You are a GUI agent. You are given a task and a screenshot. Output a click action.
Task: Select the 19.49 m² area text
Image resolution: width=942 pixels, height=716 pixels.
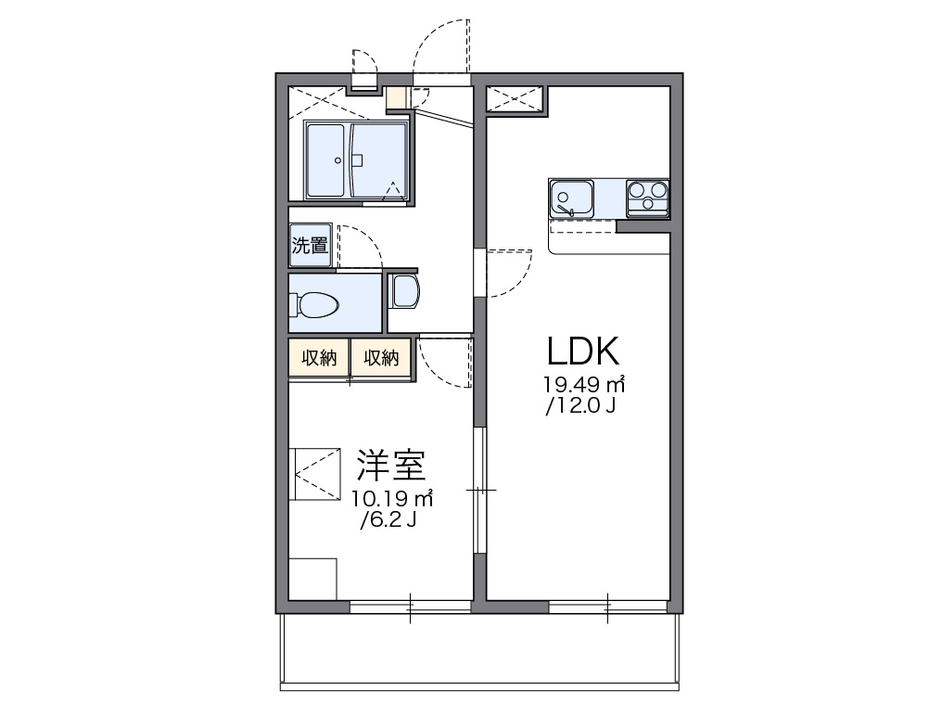pos(583,384)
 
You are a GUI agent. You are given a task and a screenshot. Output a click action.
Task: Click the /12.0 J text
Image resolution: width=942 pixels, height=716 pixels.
pos(581,405)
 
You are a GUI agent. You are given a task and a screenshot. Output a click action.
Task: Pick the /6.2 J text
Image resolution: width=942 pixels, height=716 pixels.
pos(388,519)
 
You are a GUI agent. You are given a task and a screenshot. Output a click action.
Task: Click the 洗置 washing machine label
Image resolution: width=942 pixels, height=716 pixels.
pos(310,246)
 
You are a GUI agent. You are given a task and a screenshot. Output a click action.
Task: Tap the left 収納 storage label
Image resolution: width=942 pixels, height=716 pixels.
pos(318,358)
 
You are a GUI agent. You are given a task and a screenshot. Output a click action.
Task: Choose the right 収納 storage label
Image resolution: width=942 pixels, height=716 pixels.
pos(380,358)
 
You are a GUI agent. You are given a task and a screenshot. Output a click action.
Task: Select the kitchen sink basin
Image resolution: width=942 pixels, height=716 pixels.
pos(573,197)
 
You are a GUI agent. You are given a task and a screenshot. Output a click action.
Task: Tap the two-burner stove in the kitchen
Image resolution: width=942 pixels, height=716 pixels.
pos(647,197)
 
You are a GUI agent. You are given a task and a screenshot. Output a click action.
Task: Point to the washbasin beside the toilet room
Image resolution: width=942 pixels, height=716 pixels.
pos(404,291)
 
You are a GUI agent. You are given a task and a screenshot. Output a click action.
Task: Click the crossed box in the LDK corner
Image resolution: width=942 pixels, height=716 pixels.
pos(516,98)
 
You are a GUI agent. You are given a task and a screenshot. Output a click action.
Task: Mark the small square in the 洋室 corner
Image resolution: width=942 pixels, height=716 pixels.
pos(312,579)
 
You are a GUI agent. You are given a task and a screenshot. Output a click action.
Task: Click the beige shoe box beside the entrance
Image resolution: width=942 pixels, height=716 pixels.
pos(396,97)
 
